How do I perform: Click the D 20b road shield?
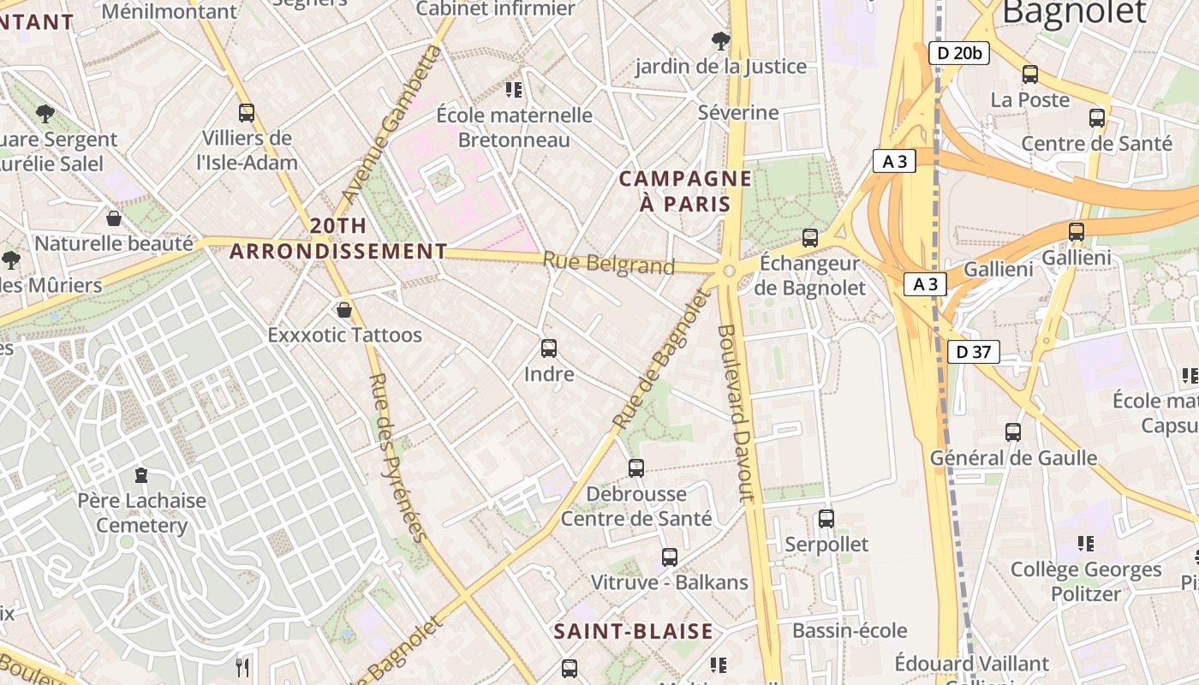(959, 53)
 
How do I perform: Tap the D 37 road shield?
(974, 351)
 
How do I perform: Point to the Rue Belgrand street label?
(609, 263)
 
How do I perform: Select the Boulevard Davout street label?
(736, 413)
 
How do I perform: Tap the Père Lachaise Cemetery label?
(142, 513)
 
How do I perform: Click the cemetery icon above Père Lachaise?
(141, 474)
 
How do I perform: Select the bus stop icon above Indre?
(549, 348)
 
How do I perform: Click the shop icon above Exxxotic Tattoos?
(344, 309)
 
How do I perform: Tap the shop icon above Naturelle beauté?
(114, 218)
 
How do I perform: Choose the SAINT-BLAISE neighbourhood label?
(633, 632)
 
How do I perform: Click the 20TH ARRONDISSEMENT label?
(338, 239)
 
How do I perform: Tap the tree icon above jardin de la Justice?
(720, 40)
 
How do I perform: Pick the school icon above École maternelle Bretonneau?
(514, 89)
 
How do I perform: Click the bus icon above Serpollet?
(826, 518)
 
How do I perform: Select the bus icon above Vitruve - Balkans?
(670, 557)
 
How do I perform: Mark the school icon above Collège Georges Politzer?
(1086, 543)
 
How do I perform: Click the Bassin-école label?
(850, 631)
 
